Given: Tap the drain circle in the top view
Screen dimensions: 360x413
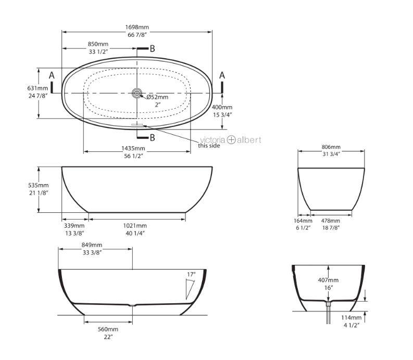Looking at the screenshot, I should point(137,93).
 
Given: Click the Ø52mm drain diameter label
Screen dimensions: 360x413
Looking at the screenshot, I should point(157,97).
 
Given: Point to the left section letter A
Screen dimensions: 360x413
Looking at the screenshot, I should point(52,75).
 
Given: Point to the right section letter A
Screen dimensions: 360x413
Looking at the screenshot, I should point(222,75).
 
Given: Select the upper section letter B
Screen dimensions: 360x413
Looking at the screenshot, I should point(152,49).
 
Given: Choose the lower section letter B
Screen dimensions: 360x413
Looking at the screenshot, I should point(152,137).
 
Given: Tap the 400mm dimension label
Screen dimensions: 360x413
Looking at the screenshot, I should point(222,107).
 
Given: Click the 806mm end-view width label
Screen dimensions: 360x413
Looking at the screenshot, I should point(330,147).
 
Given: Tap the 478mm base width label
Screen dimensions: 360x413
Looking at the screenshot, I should point(331,221).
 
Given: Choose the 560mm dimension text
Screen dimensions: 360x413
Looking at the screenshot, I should point(108,329).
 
